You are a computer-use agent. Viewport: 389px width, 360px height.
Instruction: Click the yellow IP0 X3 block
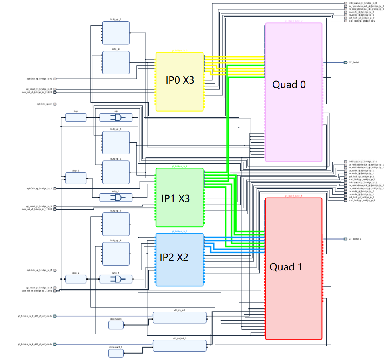[180, 82]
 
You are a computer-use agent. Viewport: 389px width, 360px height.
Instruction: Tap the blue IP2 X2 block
[180, 260]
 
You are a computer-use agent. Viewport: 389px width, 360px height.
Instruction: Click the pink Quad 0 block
[293, 92]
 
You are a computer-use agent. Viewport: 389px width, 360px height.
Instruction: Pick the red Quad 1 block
[293, 268]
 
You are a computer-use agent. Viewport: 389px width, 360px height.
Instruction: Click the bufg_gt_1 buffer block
[116, 33]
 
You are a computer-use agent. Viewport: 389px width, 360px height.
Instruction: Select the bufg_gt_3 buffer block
[116, 142]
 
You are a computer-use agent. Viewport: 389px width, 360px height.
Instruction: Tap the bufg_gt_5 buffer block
[116, 224]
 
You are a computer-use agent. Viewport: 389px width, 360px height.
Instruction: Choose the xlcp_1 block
[76, 178]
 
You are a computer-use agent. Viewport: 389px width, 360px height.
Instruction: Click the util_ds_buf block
[180, 318]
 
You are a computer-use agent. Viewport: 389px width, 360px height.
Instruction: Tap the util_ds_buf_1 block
[180, 346]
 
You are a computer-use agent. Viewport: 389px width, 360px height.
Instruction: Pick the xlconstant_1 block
[116, 353]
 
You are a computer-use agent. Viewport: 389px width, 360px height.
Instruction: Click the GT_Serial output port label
[353, 62]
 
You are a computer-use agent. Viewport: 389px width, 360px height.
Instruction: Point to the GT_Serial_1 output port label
[355, 239]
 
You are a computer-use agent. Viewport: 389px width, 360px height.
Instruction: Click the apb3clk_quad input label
[44, 104]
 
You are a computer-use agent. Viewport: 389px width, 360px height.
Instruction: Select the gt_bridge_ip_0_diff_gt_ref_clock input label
[34, 316]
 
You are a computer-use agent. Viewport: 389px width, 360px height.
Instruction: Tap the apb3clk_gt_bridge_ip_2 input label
[39, 270]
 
